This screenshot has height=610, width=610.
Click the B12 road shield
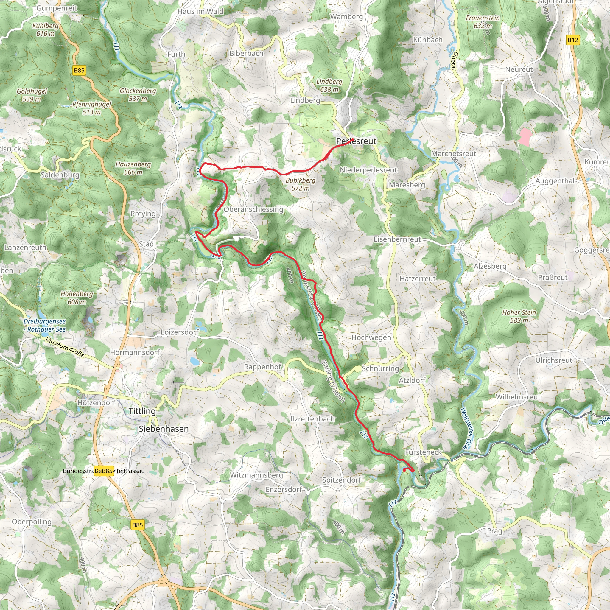pyautogui.click(x=573, y=40)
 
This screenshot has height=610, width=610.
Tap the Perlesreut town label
pyautogui.click(x=356, y=141)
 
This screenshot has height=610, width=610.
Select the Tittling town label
pyautogui.click(x=142, y=411)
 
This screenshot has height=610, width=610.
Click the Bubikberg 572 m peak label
pyautogui.click(x=300, y=184)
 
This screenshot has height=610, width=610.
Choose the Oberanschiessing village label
pyautogui.click(x=253, y=209)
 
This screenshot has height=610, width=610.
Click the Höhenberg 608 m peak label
pyautogui.click(x=77, y=298)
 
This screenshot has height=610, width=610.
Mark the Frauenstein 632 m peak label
pyautogui.click(x=483, y=22)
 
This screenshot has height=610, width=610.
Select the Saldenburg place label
pyautogui.click(x=60, y=175)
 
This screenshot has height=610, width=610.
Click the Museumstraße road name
pyautogui.click(x=65, y=348)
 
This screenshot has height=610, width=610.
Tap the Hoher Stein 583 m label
pyautogui.click(x=519, y=316)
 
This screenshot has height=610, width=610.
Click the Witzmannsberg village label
pyautogui.click(x=256, y=475)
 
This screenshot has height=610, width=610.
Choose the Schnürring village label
pyautogui.click(x=380, y=368)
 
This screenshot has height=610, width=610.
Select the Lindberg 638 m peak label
pyautogui.click(x=329, y=85)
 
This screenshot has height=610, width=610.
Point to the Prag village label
pyautogui.click(x=494, y=531)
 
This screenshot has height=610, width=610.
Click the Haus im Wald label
pyautogui.click(x=200, y=11)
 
